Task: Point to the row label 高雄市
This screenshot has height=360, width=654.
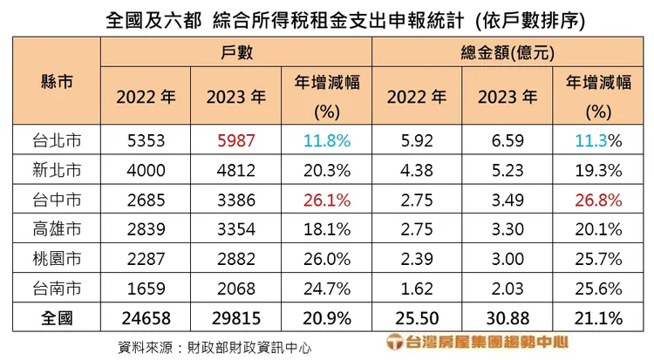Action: click(56, 228)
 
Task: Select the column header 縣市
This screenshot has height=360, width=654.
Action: click(56, 83)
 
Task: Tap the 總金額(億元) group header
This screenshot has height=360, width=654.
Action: click(508, 53)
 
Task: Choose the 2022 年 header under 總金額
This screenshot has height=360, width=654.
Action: click(416, 97)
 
